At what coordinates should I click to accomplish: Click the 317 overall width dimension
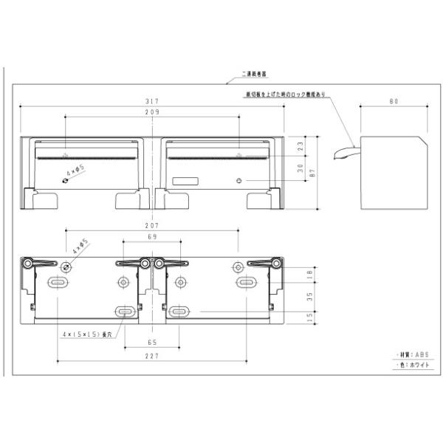pos(152,102)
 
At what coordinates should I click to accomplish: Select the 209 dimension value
pos(152,112)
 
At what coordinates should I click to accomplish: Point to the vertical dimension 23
pos(301,146)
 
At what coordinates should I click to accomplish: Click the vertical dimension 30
pos(301,168)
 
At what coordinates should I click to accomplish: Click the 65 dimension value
pos(152,343)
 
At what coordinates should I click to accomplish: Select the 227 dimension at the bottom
pos(152,355)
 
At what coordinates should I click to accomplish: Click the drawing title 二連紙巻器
pos(254,75)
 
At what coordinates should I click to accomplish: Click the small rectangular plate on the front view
pos(185,181)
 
